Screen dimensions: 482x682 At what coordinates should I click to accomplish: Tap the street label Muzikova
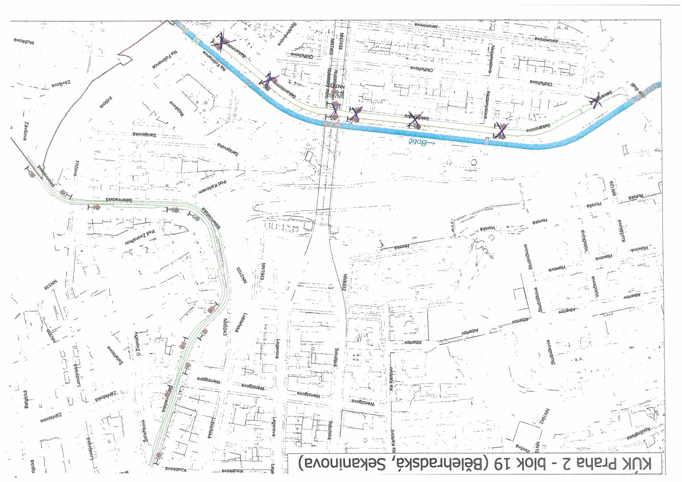coord(24,40)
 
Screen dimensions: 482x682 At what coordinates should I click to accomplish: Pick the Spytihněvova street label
coord(288,34)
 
